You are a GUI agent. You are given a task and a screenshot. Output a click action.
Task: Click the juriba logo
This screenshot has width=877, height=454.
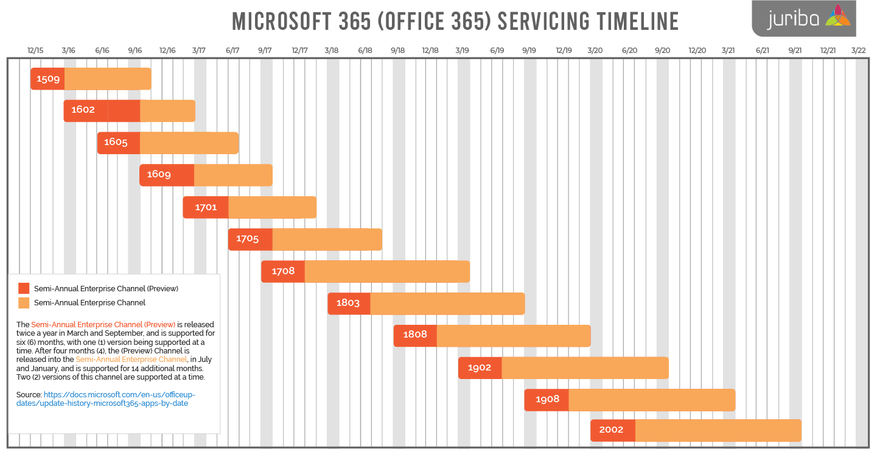[803, 18]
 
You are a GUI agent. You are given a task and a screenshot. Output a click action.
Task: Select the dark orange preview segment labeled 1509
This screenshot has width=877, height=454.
[47, 79]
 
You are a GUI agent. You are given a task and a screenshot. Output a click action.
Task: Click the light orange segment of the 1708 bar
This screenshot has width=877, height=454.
[387, 271]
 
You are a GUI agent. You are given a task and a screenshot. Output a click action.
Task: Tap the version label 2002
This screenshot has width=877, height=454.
[611, 430]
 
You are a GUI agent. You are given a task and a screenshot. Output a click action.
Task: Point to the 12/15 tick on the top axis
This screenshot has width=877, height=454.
[35, 51]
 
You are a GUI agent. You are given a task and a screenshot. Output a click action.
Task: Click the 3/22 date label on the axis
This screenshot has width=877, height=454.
[858, 51]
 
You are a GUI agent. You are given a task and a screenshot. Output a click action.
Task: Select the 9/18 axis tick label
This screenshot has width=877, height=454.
[397, 51]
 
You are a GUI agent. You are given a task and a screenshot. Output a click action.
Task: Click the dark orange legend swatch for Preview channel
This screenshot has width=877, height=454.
[24, 289]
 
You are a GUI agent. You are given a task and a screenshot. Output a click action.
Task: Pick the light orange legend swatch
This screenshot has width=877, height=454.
[24, 303]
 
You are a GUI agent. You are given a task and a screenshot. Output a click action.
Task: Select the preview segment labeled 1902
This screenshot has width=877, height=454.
[480, 367]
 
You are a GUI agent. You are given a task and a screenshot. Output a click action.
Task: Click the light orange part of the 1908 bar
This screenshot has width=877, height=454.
[651, 400]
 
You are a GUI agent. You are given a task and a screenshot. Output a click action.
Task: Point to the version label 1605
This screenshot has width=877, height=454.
[116, 143]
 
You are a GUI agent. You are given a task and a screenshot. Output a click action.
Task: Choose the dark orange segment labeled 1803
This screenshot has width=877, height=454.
[349, 303]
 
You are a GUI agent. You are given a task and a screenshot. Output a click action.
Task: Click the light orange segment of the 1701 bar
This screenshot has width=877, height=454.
[272, 207]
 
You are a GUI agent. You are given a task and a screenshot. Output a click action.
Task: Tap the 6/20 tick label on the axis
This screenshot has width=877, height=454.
[629, 51]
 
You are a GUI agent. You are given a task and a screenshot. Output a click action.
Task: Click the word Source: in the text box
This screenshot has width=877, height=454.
[29, 395]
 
